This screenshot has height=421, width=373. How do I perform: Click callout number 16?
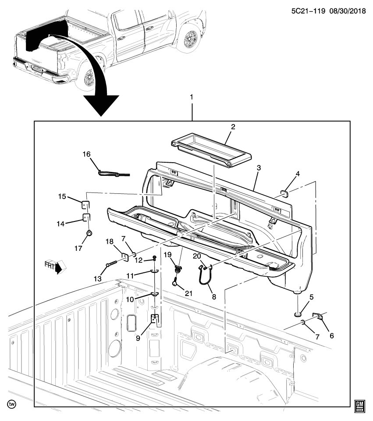click(86, 154)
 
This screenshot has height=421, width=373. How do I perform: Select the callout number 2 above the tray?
click(233, 127)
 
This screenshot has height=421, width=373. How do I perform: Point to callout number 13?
click(97, 278)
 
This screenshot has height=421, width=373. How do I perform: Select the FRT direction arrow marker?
click(54, 266)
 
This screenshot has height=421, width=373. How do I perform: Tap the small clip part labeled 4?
click(284, 193)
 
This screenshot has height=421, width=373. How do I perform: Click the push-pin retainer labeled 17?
click(89, 233)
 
